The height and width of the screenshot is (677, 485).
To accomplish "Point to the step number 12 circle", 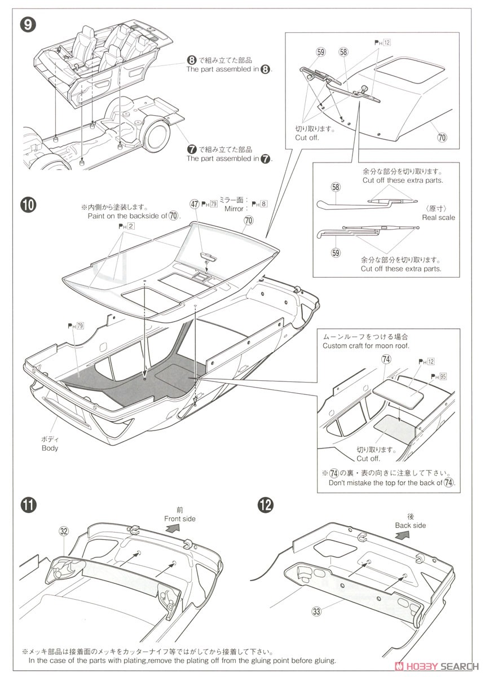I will pyautogui.click(x=264, y=503).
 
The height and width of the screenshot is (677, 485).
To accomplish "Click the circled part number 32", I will pyautogui.click(x=63, y=531).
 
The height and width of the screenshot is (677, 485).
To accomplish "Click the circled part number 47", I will pyautogui.click(x=195, y=204).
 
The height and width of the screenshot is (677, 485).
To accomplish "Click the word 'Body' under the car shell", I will pyautogui.click(x=50, y=448).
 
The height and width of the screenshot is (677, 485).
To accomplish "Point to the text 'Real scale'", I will pyautogui.click(x=438, y=217).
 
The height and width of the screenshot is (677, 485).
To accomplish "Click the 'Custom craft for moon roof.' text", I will pyautogui.click(x=365, y=345).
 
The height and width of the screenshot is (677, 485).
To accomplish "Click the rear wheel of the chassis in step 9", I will pyautogui.click(x=155, y=134).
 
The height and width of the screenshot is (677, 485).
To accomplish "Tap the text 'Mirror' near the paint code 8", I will pyautogui.click(x=234, y=209).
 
